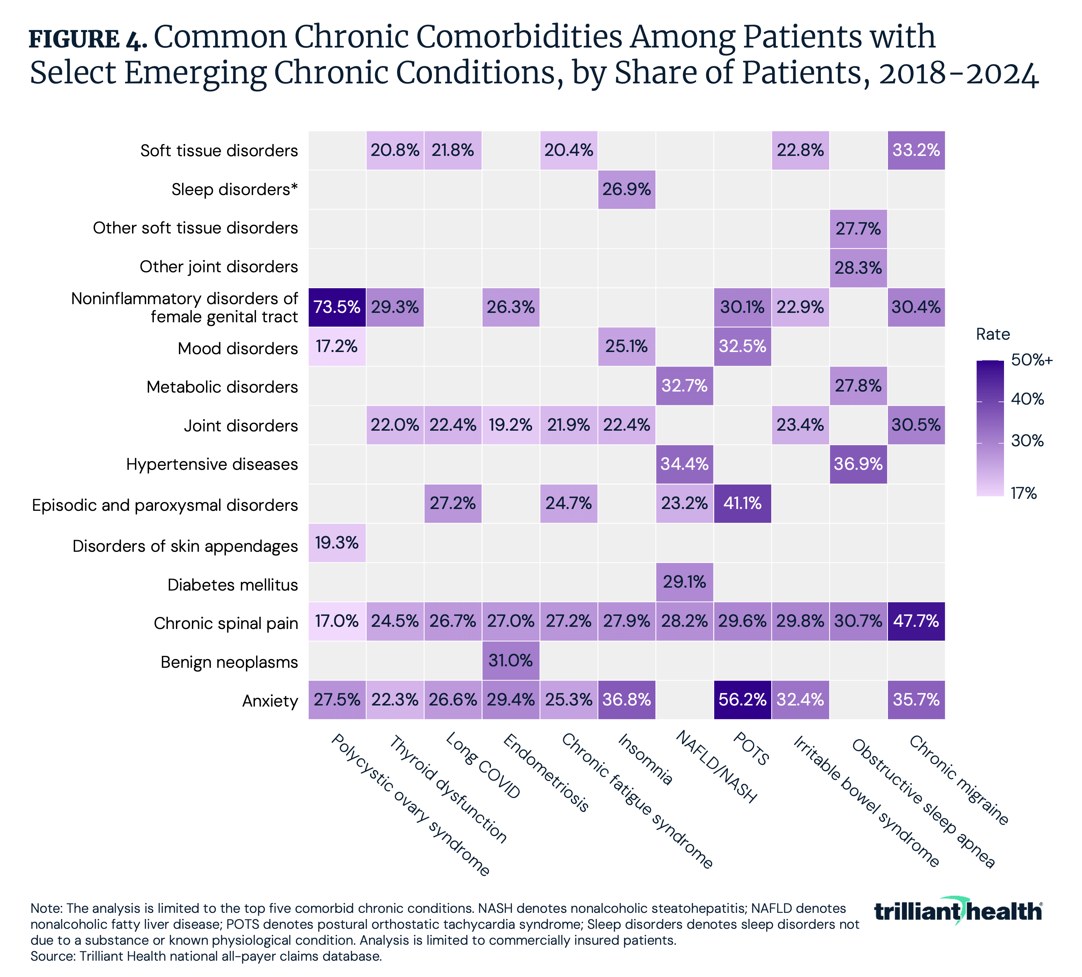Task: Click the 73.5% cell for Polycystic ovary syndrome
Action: click(x=337, y=307)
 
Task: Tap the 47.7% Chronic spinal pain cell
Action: click(x=916, y=621)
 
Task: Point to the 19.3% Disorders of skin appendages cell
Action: click(x=337, y=543)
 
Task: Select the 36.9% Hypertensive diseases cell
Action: click(x=858, y=464)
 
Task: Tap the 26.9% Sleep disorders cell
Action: click(x=626, y=189)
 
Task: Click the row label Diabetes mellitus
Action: click(x=233, y=585)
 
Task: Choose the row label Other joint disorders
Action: click(x=218, y=267)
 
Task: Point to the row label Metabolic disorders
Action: click(x=222, y=387)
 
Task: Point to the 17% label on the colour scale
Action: click(x=1024, y=493)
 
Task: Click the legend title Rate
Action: click(x=992, y=334)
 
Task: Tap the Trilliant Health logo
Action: click(x=958, y=911)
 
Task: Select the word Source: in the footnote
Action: click(x=53, y=956)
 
